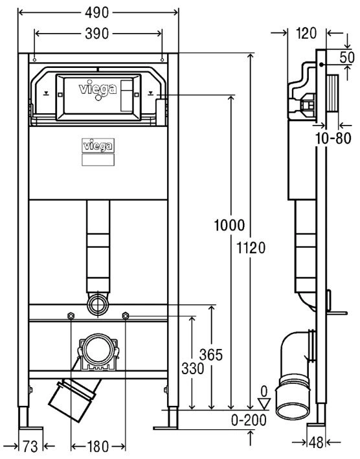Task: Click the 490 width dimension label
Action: click(97, 13)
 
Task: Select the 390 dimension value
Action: click(97, 34)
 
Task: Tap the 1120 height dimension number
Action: click(251, 248)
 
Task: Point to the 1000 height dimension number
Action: click(229, 225)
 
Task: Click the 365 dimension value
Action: click(211, 355)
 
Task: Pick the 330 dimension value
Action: click(192, 368)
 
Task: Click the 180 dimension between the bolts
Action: click(98, 447)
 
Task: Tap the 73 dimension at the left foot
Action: click(30, 447)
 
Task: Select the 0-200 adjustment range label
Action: click(249, 420)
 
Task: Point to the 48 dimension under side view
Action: click(316, 443)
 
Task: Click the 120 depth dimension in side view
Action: click(306, 34)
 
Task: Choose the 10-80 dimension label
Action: click(333, 138)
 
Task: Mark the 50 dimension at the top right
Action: click(347, 58)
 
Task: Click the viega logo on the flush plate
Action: click(98, 89)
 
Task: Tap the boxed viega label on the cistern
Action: click(98, 146)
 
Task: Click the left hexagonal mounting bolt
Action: click(71, 316)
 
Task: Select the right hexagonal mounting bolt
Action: click(125, 316)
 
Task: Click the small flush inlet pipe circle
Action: click(98, 305)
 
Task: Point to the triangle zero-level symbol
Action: click(265, 403)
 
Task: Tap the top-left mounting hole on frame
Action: click(34, 60)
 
